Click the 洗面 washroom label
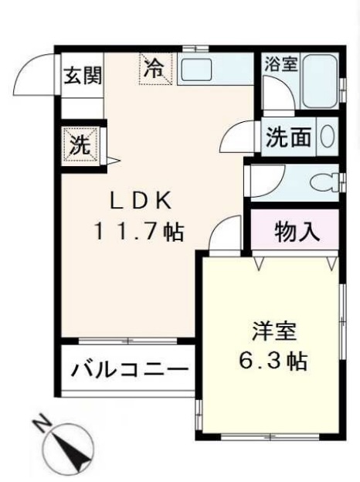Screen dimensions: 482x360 pyautogui.click(x=289, y=137)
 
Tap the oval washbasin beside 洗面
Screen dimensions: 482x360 pyautogui.click(x=328, y=137)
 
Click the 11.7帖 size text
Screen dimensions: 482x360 pyautogui.click(x=139, y=231)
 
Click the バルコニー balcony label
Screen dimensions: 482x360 pyautogui.click(x=129, y=369)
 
